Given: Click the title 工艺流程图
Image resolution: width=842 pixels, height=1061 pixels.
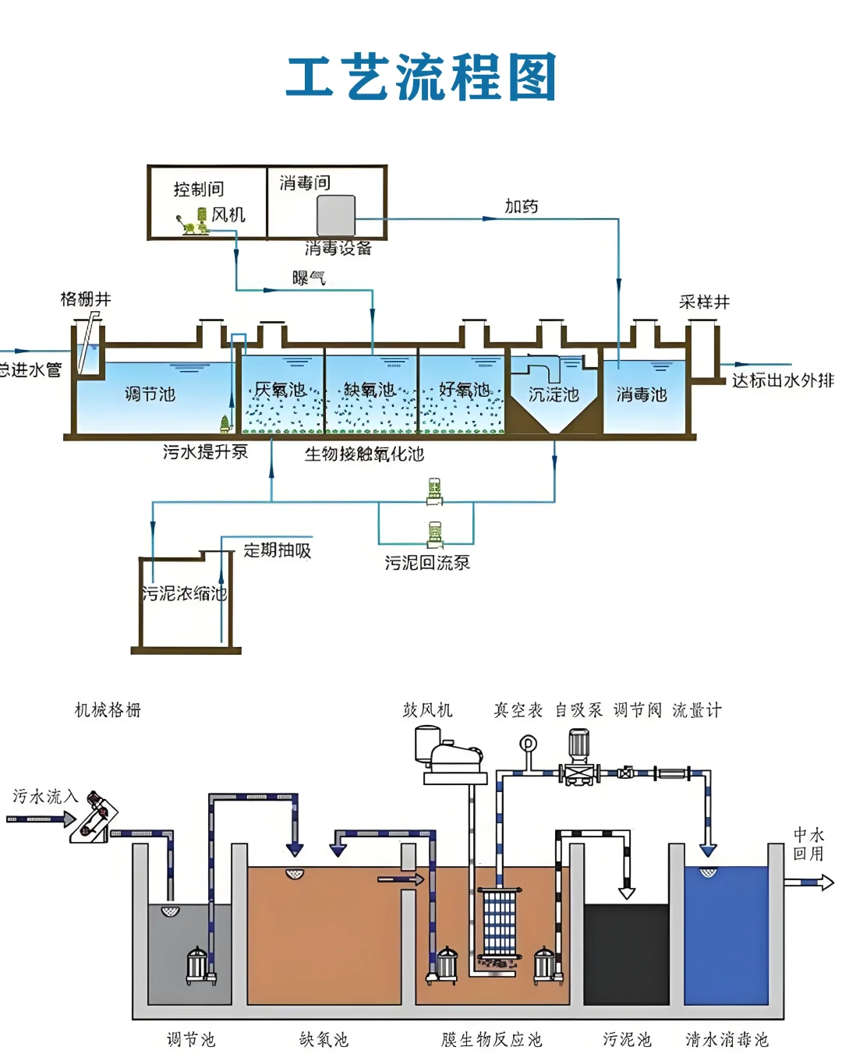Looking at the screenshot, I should pyautogui.click(x=421, y=78).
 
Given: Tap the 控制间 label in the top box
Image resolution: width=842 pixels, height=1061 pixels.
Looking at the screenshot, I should pyautogui.click(x=198, y=189).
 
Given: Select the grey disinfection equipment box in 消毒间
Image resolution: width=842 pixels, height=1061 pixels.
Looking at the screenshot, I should pyautogui.click(x=336, y=215).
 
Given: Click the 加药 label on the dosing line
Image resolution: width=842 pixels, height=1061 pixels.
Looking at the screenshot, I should pyautogui.click(x=521, y=207).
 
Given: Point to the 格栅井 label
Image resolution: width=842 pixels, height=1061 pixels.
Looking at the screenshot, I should pyautogui.click(x=86, y=299).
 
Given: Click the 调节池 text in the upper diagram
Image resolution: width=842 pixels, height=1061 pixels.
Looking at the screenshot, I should pyautogui.click(x=150, y=394).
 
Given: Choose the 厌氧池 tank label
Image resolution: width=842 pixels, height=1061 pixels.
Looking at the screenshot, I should pyautogui.click(x=280, y=390).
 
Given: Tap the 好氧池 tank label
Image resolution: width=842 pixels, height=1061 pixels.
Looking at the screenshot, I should pyautogui.click(x=464, y=390).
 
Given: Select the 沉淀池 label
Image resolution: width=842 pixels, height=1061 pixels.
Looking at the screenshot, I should pyautogui.click(x=554, y=394).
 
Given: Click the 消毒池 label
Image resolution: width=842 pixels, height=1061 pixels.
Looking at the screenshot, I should pyautogui.click(x=642, y=394).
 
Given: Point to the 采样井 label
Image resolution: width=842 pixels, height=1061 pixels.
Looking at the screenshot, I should pyautogui.click(x=704, y=302).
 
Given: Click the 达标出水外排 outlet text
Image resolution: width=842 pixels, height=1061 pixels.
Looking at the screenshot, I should pyautogui.click(x=782, y=380).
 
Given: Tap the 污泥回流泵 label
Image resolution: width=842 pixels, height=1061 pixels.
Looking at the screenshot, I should pyautogui.click(x=427, y=563).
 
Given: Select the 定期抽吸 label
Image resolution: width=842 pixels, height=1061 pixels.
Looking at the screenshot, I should pyautogui.click(x=277, y=550).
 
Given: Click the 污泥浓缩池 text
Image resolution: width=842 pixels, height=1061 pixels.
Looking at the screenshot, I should pyautogui.click(x=185, y=594).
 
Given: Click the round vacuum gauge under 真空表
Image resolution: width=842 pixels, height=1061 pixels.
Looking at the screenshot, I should pyautogui.click(x=528, y=744).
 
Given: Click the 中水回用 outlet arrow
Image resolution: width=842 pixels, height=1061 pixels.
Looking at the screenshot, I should pyautogui.click(x=811, y=882).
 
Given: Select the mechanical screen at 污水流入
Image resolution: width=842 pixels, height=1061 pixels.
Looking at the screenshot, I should pyautogui.click(x=95, y=817).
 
